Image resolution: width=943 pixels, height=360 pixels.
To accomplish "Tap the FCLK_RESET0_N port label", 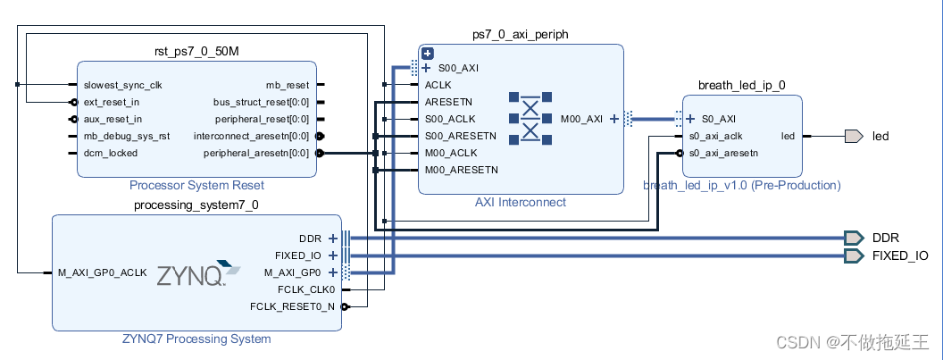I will pos(292,306).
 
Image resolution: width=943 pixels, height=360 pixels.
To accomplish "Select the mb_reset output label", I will pos(288,85).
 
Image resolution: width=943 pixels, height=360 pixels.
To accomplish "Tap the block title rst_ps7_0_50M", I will pos(196,51).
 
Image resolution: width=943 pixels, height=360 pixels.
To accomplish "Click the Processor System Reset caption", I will pos(196,186).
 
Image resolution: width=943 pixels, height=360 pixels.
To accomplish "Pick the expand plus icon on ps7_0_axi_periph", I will pos(428,54).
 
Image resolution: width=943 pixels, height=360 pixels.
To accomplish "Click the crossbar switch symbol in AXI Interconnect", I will pos(530,117).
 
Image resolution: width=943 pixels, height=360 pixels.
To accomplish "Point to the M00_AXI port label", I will pos(581,118).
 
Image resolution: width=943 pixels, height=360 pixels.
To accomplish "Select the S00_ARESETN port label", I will pos(461,136).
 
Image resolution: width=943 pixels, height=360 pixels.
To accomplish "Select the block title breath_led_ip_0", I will pos(742,85).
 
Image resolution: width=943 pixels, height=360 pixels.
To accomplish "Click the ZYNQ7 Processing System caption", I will pos(196,339).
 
